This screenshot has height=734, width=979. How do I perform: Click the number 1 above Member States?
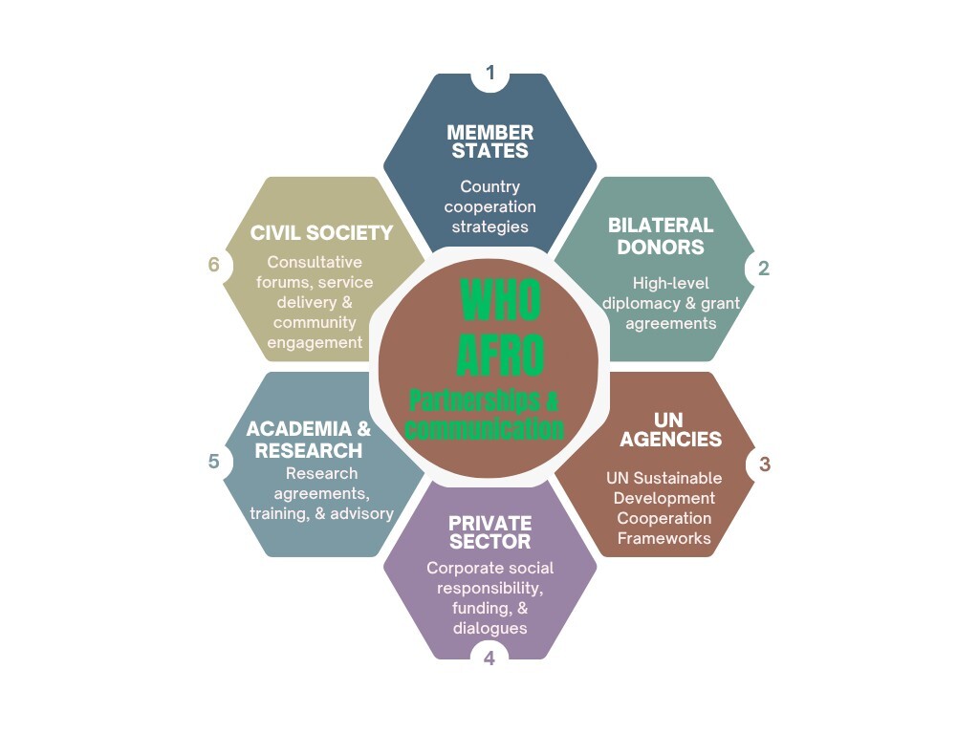pos(490,74)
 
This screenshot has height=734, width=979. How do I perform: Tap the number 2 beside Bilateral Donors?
pos(763,269)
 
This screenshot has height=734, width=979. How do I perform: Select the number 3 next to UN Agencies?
pos(764,464)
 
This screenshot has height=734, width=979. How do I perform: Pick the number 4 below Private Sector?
pos(489,658)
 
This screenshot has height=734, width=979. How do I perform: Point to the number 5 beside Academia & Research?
pos(214,462)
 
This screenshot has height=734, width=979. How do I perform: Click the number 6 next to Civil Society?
pos(214,265)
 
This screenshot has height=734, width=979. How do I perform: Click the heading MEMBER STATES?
pos(489,141)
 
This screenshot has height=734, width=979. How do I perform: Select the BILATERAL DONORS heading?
pos(661,236)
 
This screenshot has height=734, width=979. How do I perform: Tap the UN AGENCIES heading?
pos(669,430)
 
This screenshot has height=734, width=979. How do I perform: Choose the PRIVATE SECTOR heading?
pos(489,532)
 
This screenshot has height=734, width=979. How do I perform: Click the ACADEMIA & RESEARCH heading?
pos(308,440)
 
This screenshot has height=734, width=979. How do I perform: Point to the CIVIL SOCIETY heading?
pos(321,232)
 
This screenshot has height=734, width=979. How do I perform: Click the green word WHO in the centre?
pos(500,299)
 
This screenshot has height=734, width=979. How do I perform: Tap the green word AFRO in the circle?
pos(500,353)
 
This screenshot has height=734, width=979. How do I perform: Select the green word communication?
pos(485,429)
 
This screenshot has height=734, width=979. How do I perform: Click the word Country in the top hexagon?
pos(489,186)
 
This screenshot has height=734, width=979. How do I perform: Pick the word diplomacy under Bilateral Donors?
pos(642,303)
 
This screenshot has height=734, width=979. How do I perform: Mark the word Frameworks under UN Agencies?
pos(664,538)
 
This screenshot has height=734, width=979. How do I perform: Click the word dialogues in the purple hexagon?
pos(489,628)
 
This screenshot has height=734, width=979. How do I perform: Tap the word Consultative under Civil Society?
pos(315,262)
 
